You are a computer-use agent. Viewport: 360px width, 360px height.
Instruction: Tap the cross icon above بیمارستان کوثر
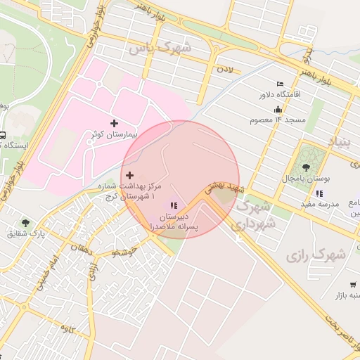click(115, 124)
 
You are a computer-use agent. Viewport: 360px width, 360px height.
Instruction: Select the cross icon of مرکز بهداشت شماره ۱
click(129, 174)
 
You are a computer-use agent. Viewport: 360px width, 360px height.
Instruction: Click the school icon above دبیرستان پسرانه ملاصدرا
click(173, 205)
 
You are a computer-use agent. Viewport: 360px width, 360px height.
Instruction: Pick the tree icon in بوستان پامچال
click(306, 167)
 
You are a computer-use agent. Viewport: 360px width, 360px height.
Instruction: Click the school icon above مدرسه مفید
click(319, 193)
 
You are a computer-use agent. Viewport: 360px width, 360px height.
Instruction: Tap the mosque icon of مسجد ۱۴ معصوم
click(278, 109)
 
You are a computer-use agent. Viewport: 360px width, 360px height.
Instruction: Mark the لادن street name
click(224, 70)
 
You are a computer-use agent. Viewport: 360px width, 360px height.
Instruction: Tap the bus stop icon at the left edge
click(3, 135)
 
